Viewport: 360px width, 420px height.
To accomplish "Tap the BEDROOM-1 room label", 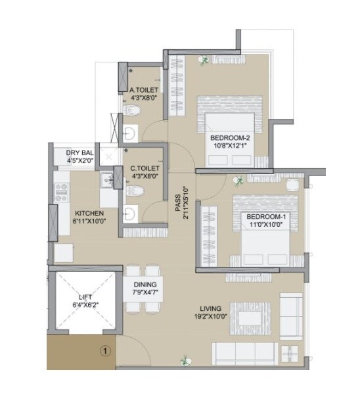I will (x=266, y=217).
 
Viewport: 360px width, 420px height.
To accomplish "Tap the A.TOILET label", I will (x=143, y=90).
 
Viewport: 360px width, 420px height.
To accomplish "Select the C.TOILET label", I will (x=143, y=168).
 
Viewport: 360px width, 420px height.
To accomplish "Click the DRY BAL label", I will (x=80, y=152).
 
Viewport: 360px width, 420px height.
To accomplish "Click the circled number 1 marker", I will (x=103, y=351).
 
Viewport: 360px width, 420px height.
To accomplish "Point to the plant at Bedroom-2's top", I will (x=205, y=60).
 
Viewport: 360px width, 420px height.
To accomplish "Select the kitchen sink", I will (x=107, y=179).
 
